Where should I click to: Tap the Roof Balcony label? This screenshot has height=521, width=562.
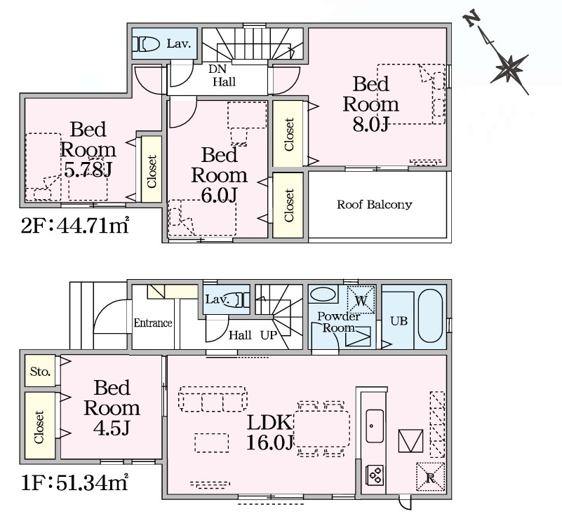click(374, 205)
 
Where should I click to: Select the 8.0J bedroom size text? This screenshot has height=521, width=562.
click(370, 124)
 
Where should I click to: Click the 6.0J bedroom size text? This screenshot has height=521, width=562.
click(219, 195)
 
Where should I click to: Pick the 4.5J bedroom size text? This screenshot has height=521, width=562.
click(112, 428)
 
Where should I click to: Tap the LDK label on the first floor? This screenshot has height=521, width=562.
click(269, 423)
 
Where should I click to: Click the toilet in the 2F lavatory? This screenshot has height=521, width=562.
click(146, 44)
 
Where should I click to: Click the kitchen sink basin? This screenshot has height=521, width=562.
click(375, 426)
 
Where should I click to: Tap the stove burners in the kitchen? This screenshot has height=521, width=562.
click(375, 475)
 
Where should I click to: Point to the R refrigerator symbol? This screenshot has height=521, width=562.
click(430, 477)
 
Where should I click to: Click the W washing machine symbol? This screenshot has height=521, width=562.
click(361, 301)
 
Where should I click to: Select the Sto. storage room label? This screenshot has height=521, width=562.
click(40, 372)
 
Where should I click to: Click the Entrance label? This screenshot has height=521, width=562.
click(153, 323)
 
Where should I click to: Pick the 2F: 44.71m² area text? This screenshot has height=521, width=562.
click(75, 225)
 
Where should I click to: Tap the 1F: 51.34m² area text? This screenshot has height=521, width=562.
click(75, 482)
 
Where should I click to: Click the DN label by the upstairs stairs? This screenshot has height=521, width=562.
click(218, 69)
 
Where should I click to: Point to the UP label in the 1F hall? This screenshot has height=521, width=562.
click(269, 335)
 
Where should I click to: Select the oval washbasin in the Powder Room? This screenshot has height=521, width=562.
click(323, 295)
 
